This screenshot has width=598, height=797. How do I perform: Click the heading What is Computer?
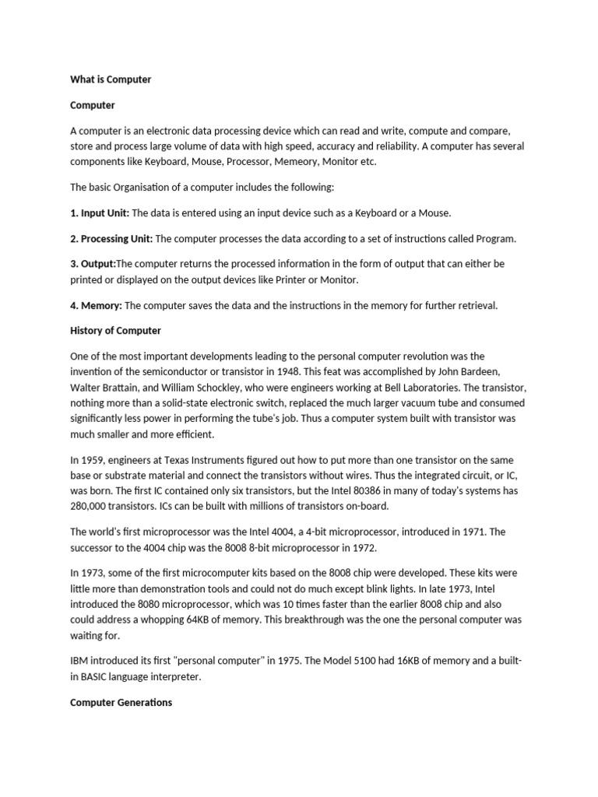tap(111, 79)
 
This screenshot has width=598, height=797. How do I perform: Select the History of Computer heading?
tap(115, 331)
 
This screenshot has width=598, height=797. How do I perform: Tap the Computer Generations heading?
tap(121, 703)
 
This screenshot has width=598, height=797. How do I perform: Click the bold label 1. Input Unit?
tap(100, 212)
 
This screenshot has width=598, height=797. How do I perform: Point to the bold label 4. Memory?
tap(96, 305)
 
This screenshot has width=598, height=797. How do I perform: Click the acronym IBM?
tap(80, 662)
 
